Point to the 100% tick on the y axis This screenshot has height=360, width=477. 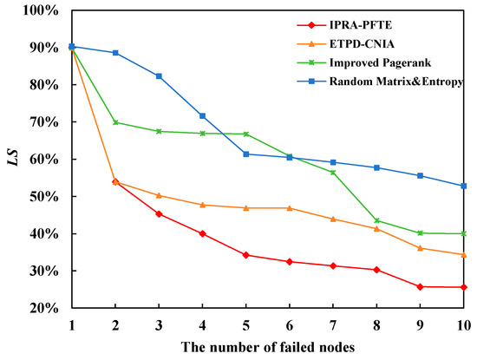tap(41, 10)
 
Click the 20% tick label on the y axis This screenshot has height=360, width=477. tap(42, 308)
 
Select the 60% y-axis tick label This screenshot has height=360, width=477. tap(42, 160)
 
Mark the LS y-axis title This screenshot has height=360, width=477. tap(10, 159)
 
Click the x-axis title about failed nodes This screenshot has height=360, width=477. tap(267, 347)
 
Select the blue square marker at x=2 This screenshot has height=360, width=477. tap(115, 53)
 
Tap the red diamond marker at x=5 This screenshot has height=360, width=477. tap(246, 255)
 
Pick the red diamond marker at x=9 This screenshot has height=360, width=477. tap(421, 287)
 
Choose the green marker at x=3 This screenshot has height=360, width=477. tap(159, 131)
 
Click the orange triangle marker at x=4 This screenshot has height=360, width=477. tap(203, 205)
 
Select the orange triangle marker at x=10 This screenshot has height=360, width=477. tap(464, 254)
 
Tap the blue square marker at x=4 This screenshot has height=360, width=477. tap(203, 115)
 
